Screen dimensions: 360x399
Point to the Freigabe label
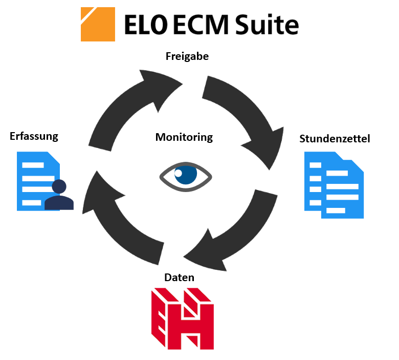point(187,57)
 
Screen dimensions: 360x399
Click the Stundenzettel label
point(335,139)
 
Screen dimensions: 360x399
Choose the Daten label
point(179,278)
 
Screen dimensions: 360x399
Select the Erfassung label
point(34,136)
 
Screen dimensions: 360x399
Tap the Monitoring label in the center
point(184,137)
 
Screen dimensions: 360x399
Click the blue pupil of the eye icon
point(186,176)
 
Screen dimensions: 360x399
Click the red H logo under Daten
point(182,318)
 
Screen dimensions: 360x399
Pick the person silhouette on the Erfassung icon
point(59,196)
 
